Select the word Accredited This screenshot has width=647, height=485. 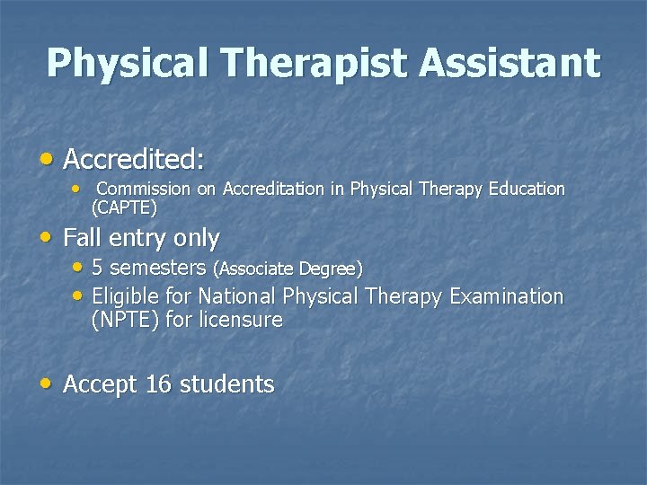point(134,160)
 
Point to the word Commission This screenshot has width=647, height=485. point(143,190)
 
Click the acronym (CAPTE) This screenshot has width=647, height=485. point(124,208)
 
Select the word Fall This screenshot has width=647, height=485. point(83,238)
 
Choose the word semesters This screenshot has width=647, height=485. point(158,269)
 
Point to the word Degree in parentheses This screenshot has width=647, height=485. point(330,269)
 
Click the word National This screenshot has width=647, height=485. point(237,296)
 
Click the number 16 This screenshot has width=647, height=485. point(157,384)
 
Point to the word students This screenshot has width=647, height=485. point(226,384)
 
